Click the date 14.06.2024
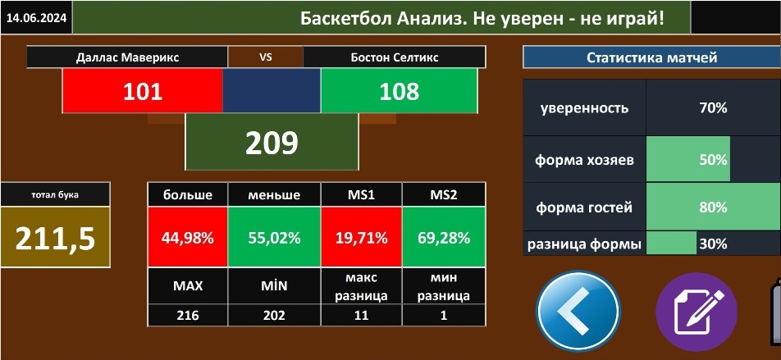click(36, 18)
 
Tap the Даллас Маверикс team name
click(127, 57)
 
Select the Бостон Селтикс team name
click(395, 57)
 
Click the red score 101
click(143, 91)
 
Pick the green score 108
click(399, 91)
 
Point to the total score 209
click(272, 143)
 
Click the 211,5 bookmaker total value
click(55, 238)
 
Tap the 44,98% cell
click(188, 238)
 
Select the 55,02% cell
click(275, 238)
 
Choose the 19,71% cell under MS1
click(362, 238)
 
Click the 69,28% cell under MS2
click(443, 238)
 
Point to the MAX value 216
click(188, 315)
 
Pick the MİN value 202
click(275, 315)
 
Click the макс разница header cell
click(362, 286)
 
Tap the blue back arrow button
click(578, 312)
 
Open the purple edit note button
click(697, 312)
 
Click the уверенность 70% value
click(713, 107)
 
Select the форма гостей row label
click(584, 207)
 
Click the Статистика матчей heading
click(651, 57)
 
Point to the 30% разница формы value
click(713, 244)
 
